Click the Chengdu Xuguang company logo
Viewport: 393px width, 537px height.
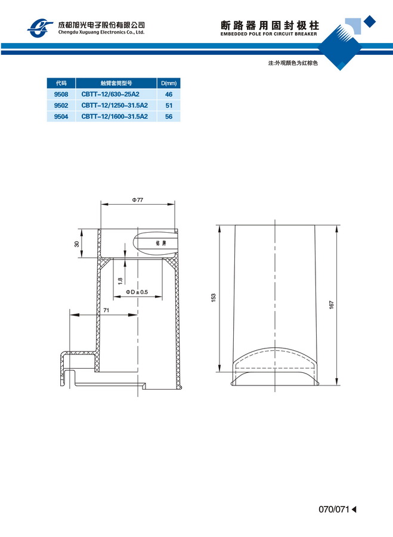[40, 28]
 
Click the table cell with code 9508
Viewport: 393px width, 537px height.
[61, 94]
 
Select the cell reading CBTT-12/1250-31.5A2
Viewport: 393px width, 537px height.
[115, 106]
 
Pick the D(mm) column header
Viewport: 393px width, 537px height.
[169, 83]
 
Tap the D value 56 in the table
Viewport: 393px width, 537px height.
[169, 116]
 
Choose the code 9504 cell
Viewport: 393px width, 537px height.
[61, 116]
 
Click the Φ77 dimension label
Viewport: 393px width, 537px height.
[138, 200]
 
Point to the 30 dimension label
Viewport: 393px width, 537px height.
[77, 244]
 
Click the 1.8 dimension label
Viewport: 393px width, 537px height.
[120, 281]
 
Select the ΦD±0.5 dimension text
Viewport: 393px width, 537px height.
[137, 292]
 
